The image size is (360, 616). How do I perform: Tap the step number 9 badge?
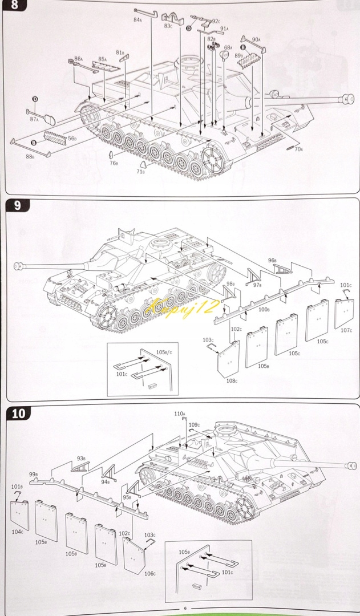pyautogui.click(x=18, y=205)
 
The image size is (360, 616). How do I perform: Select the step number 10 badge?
pyautogui.click(x=19, y=413)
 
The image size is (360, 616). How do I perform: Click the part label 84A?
pyautogui.click(x=137, y=19)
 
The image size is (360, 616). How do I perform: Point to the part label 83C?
pyautogui.click(x=168, y=26)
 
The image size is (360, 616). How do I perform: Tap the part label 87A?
pyautogui.click(x=34, y=119)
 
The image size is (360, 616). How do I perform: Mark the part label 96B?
pyautogui.click(x=272, y=260)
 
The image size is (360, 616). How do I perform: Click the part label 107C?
pyautogui.click(x=346, y=330)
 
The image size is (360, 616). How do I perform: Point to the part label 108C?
pyautogui.click(x=232, y=380)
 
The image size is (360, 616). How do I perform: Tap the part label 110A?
pyautogui.click(x=180, y=413)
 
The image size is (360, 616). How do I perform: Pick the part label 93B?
pyautogui.click(x=80, y=457)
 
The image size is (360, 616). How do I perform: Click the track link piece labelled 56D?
pyautogui.click(x=57, y=137)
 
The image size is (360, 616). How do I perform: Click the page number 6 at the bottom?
pyautogui.click(x=185, y=608)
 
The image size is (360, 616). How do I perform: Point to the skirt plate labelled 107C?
pyautogui.click(x=345, y=312)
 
